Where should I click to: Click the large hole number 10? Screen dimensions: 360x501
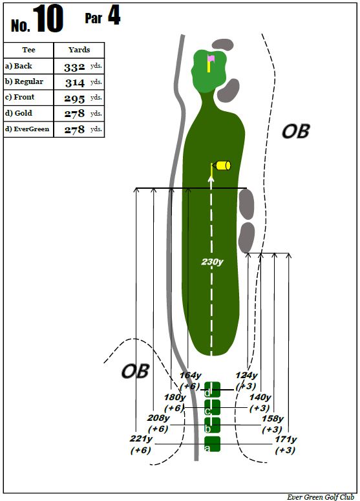[48, 19]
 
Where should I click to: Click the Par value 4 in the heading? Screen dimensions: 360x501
[114, 16]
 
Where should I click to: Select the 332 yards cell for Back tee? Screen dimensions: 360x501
[79, 66]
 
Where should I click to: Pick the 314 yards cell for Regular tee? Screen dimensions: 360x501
[79, 82]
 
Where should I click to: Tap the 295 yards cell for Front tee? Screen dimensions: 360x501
[79, 98]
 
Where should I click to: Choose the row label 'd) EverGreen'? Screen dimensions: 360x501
[27, 129]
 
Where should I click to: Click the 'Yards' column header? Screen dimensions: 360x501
[79, 50]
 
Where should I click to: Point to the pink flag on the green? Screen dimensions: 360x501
[211, 58]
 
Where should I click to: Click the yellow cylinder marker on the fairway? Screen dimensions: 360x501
[223, 165]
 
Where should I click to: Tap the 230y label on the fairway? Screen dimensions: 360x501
[212, 262]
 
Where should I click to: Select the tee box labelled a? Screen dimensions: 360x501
[213, 444]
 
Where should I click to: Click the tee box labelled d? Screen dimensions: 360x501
[213, 390]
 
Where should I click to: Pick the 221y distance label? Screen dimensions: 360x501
[141, 439]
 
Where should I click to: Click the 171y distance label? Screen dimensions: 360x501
[286, 440]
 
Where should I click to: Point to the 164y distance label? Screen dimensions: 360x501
[191, 375]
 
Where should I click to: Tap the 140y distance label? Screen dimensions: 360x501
[260, 397]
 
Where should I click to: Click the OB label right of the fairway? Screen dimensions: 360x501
[295, 131]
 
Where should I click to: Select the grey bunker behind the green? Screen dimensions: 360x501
[223, 45]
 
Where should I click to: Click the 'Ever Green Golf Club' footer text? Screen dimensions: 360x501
[321, 497]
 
